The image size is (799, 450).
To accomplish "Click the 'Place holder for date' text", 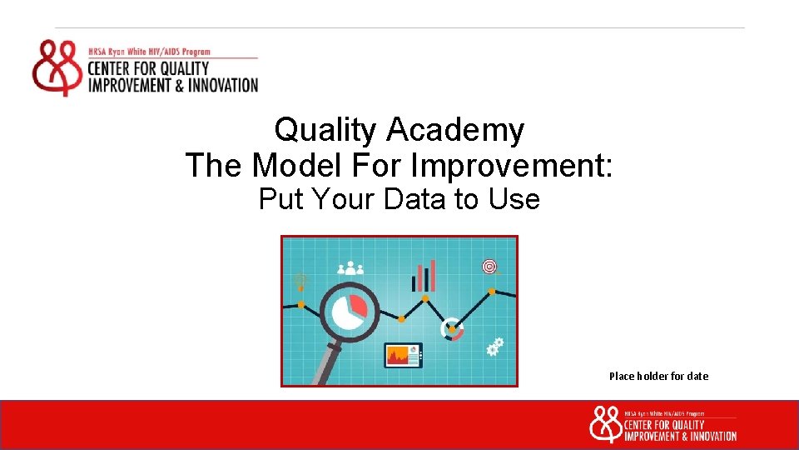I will tap(658, 376).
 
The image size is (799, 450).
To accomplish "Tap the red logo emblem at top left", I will tap(57, 67).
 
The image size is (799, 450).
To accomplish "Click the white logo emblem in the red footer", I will tap(604, 423).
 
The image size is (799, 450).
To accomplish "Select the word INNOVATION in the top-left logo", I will tap(221, 85).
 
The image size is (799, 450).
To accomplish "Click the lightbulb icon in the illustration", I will tap(300, 282).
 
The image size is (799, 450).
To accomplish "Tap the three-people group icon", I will tap(351, 267).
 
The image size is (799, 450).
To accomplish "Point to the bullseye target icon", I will tap(489, 267).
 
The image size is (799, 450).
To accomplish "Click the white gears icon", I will tap(495, 347).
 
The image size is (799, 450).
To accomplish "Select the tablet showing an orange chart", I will tap(403, 355).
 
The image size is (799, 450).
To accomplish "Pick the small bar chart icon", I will tap(424, 276).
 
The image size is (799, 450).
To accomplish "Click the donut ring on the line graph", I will tap(452, 329).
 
